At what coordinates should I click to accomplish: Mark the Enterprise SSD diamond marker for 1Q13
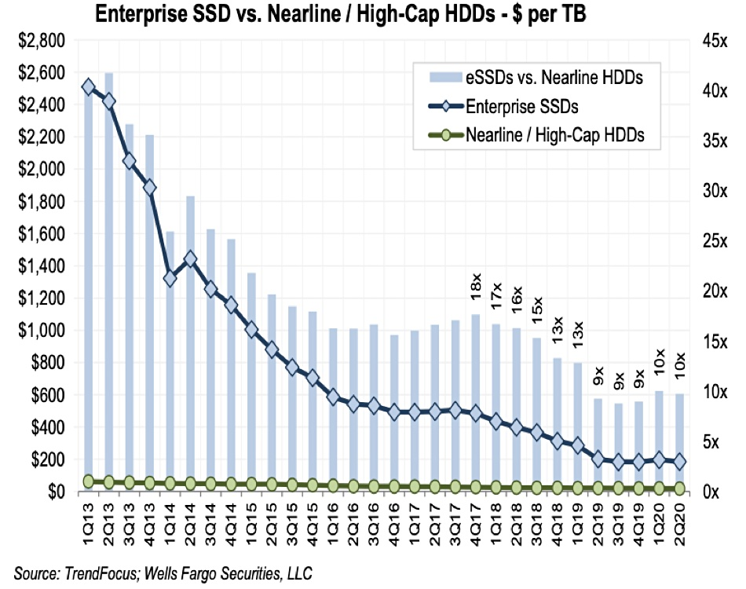click(x=89, y=86)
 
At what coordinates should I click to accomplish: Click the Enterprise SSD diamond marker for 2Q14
click(x=190, y=259)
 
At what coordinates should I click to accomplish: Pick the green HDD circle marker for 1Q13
click(x=89, y=481)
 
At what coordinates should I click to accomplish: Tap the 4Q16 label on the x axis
click(x=394, y=522)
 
